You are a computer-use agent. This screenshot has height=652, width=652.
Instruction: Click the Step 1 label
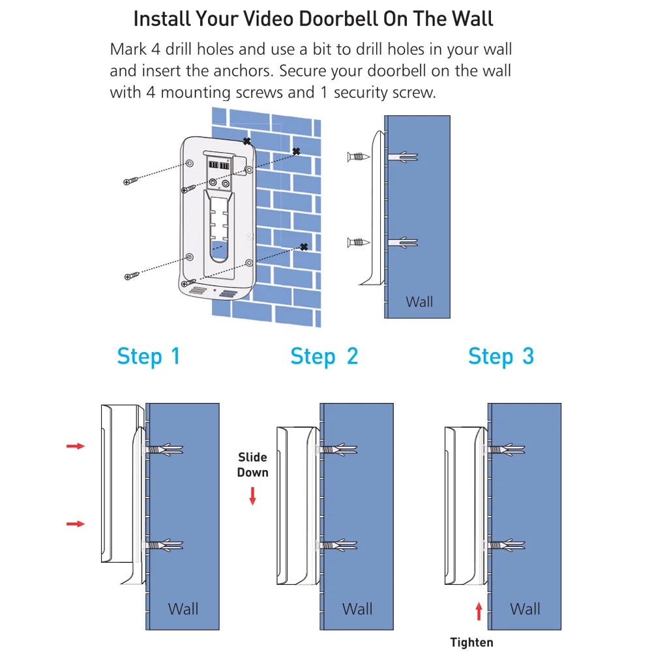149,357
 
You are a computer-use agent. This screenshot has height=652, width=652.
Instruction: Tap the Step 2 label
324,357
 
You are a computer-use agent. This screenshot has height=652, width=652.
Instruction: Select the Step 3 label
501,357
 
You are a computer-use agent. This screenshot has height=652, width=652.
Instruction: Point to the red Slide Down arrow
252,496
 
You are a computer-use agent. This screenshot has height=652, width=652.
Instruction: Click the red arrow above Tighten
479,612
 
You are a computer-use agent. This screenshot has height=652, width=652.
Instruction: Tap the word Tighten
471,642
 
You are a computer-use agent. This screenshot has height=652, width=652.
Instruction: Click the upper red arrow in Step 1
76,446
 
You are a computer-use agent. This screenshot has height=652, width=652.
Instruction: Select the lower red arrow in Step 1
76,524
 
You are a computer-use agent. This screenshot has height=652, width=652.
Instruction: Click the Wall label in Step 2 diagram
357,609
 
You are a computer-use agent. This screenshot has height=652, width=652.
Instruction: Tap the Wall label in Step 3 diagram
525,609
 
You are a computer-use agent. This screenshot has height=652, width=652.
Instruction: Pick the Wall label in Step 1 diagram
183,609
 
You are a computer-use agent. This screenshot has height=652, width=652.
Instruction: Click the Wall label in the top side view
419,302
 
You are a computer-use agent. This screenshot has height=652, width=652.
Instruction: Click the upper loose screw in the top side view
359,156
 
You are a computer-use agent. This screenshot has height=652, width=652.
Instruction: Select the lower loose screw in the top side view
359,242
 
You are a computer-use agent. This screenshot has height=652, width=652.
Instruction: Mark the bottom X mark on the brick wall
304,247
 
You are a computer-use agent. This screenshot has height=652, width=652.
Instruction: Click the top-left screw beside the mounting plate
131,181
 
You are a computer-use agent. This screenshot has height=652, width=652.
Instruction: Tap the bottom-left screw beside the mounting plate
132,276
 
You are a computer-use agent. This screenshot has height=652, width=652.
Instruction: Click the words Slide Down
253,465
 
